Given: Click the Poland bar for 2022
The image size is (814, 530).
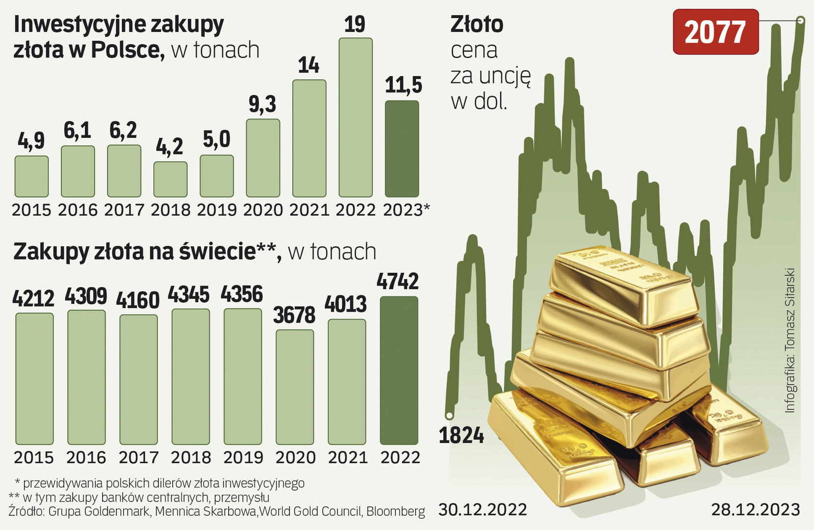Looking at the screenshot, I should click(355, 118).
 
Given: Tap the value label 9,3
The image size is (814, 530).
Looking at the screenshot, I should click(263, 105).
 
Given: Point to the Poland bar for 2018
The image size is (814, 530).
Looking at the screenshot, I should click(170, 179).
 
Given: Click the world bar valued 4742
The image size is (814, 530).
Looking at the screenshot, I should click(399, 371).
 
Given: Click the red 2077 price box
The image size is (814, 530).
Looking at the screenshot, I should click(715, 32).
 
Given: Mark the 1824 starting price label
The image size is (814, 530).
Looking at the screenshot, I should click(461, 435).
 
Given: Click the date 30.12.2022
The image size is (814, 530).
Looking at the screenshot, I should click(482, 510).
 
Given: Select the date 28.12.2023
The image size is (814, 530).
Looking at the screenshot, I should click(756, 510).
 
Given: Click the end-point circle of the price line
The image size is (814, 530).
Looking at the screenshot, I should click(801, 20).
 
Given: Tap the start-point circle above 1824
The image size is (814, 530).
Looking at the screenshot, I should click(449, 415).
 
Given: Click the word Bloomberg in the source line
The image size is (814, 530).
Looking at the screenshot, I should click(395, 511).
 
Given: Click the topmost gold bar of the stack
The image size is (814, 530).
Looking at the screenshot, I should click(623, 285).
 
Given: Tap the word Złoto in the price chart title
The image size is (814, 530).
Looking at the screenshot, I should click(476, 25).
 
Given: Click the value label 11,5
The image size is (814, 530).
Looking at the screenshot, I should click(403, 85).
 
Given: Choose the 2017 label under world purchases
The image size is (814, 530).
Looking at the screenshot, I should click(139, 458).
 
